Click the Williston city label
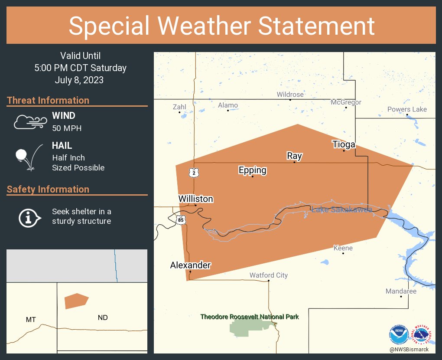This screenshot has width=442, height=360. click(x=196, y=199)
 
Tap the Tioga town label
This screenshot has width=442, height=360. click(x=344, y=144)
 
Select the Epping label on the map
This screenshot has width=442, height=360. click(x=252, y=170)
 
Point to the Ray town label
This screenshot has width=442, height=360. click(x=294, y=156)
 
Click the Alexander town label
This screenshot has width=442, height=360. click(x=190, y=265)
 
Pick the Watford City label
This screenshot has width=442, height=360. click(x=269, y=275)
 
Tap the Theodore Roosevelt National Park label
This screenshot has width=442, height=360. click(x=250, y=317)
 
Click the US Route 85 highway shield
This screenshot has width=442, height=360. click(x=180, y=220)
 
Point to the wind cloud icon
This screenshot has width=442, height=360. click(x=29, y=122)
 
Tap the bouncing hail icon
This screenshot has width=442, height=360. click(x=29, y=157)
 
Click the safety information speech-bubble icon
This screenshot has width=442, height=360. click(x=29, y=217)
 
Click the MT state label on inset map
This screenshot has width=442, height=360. click(x=31, y=319)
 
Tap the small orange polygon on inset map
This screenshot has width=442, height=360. click(x=76, y=301)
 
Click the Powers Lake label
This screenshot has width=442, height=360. click(x=407, y=109)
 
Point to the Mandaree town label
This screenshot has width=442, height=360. click(x=401, y=291)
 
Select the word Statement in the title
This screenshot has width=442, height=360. click(x=316, y=26)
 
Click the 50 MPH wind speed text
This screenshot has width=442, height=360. click(x=67, y=128)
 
